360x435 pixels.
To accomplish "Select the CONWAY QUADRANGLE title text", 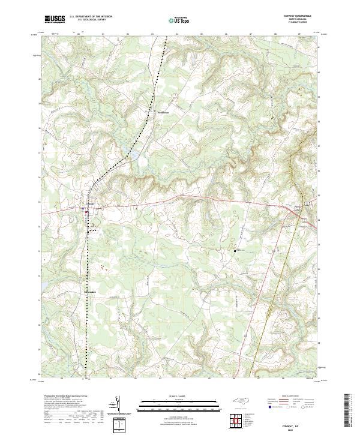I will pyautogui.click(x=302, y=16).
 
